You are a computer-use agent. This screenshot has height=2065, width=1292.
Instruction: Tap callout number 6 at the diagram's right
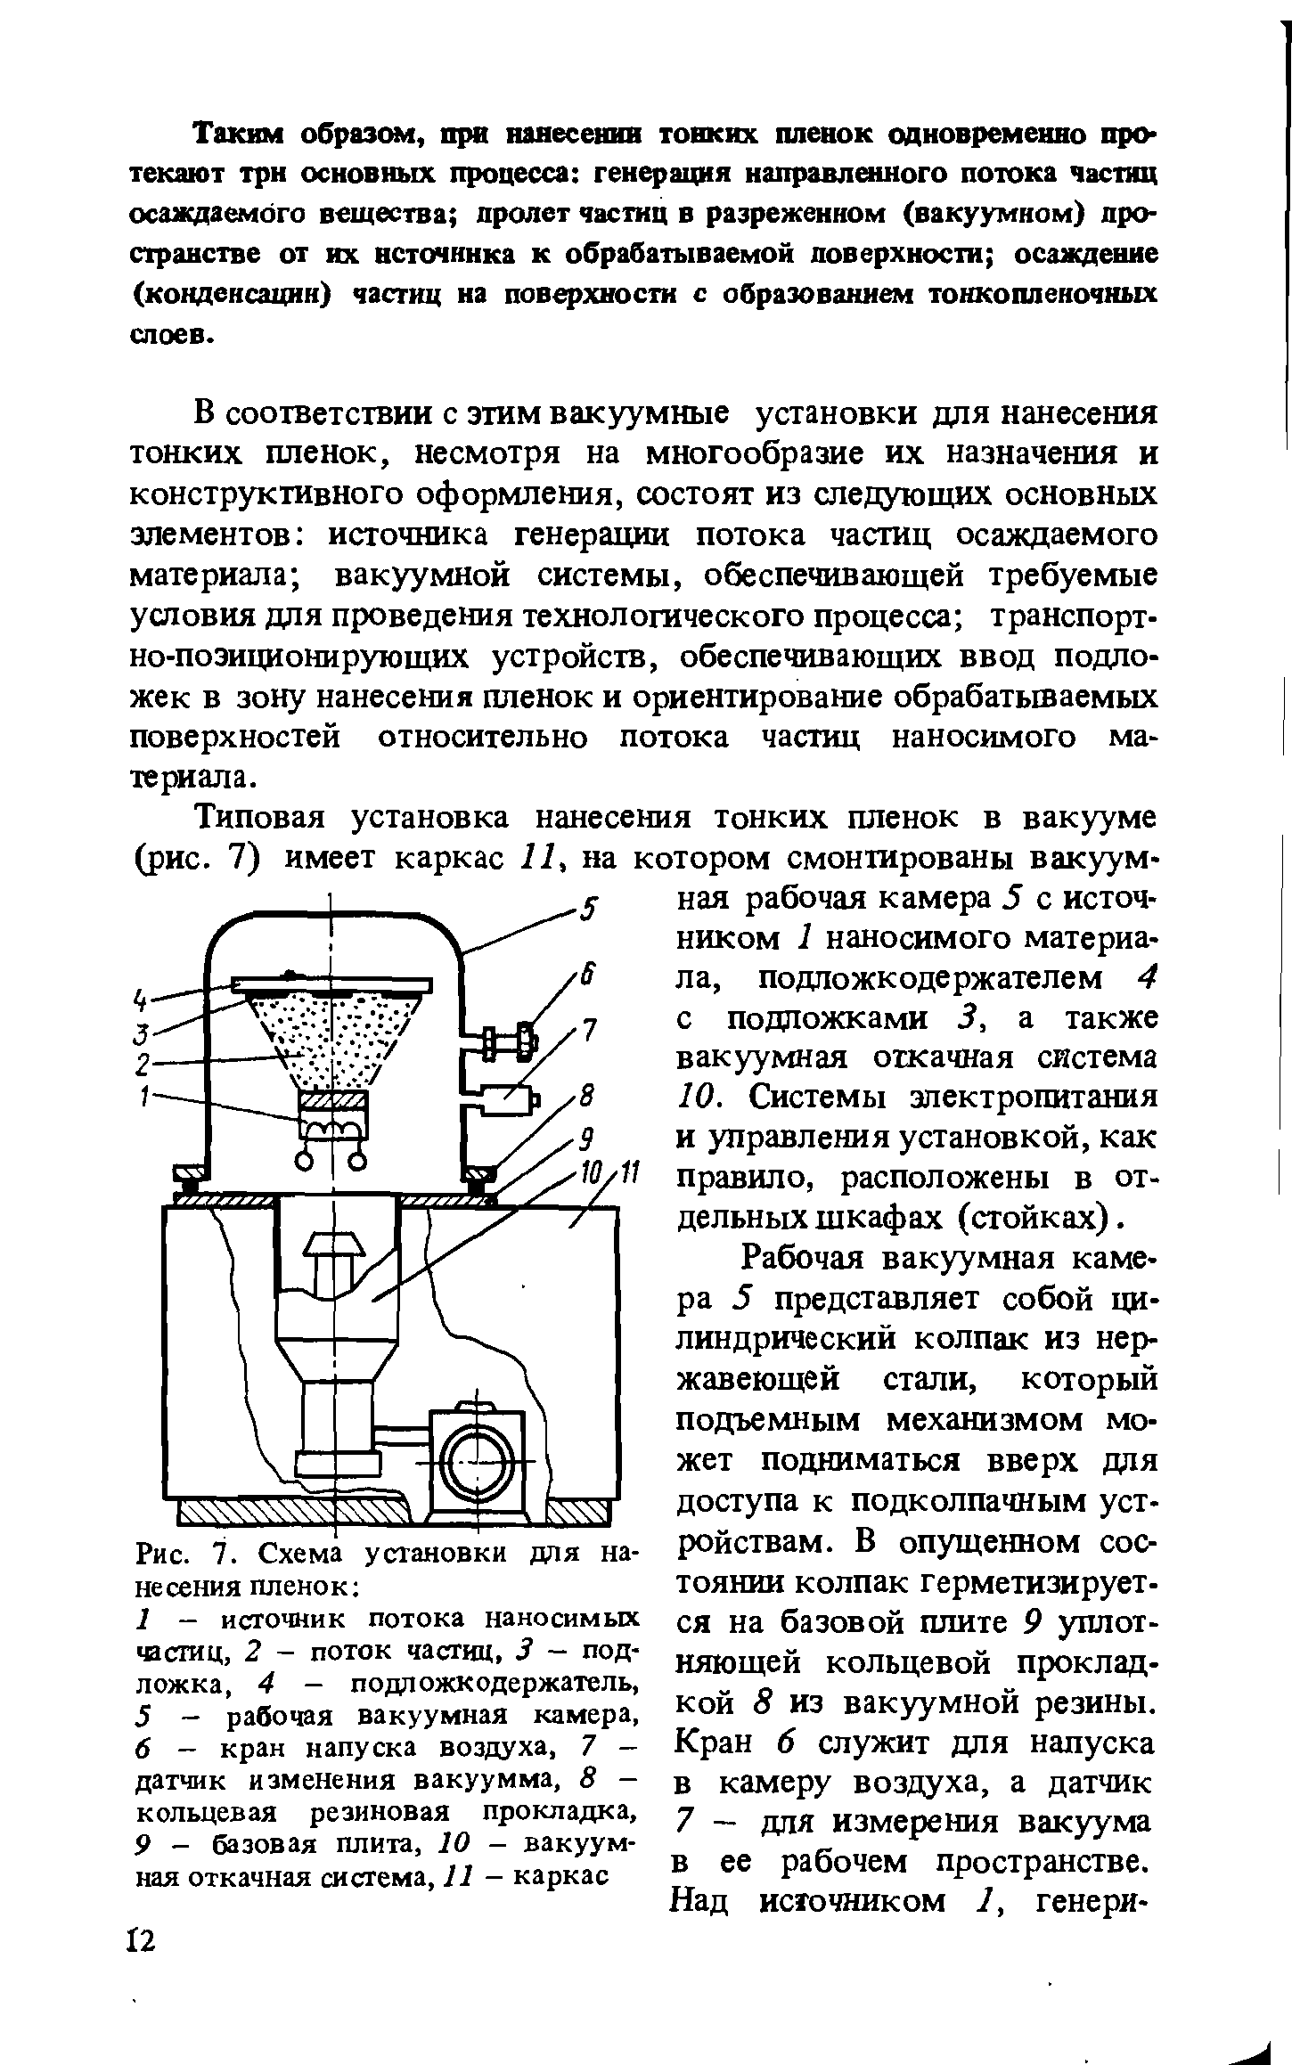pos(585,977)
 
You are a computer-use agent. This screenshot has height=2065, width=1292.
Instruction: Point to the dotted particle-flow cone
pos(333,1033)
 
